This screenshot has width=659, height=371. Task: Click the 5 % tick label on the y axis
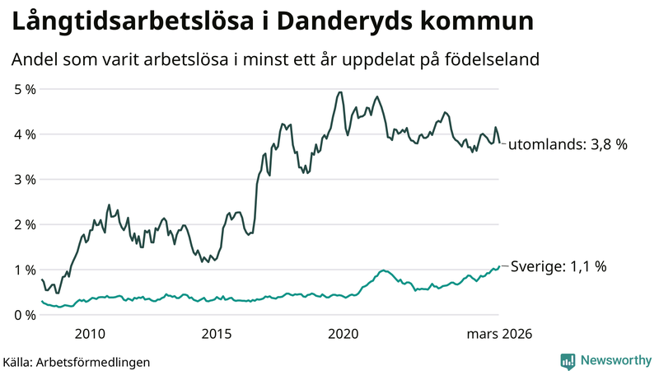(x=24, y=89)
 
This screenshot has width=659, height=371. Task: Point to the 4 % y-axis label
(x=24, y=134)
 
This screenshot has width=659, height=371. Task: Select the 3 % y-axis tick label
(x=24, y=180)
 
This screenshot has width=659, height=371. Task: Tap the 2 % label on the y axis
(x=24, y=225)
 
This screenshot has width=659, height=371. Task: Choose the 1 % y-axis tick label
(x=24, y=270)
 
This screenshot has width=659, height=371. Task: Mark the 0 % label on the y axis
(x=24, y=315)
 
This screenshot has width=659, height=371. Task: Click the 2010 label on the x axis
(x=90, y=334)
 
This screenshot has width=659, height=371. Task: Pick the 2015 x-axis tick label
(x=217, y=334)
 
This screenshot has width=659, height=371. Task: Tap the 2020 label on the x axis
(x=344, y=334)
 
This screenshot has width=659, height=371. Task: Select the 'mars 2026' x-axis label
(x=499, y=334)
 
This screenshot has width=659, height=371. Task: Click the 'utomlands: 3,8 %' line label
(x=568, y=144)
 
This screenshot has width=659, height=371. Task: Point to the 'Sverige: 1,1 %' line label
(x=559, y=266)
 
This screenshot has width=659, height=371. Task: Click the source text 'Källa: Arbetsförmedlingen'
(x=77, y=361)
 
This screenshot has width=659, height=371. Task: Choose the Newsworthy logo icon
(x=568, y=360)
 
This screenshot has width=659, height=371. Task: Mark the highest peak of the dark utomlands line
(x=340, y=92)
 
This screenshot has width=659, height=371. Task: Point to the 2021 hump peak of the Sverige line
(x=383, y=270)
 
